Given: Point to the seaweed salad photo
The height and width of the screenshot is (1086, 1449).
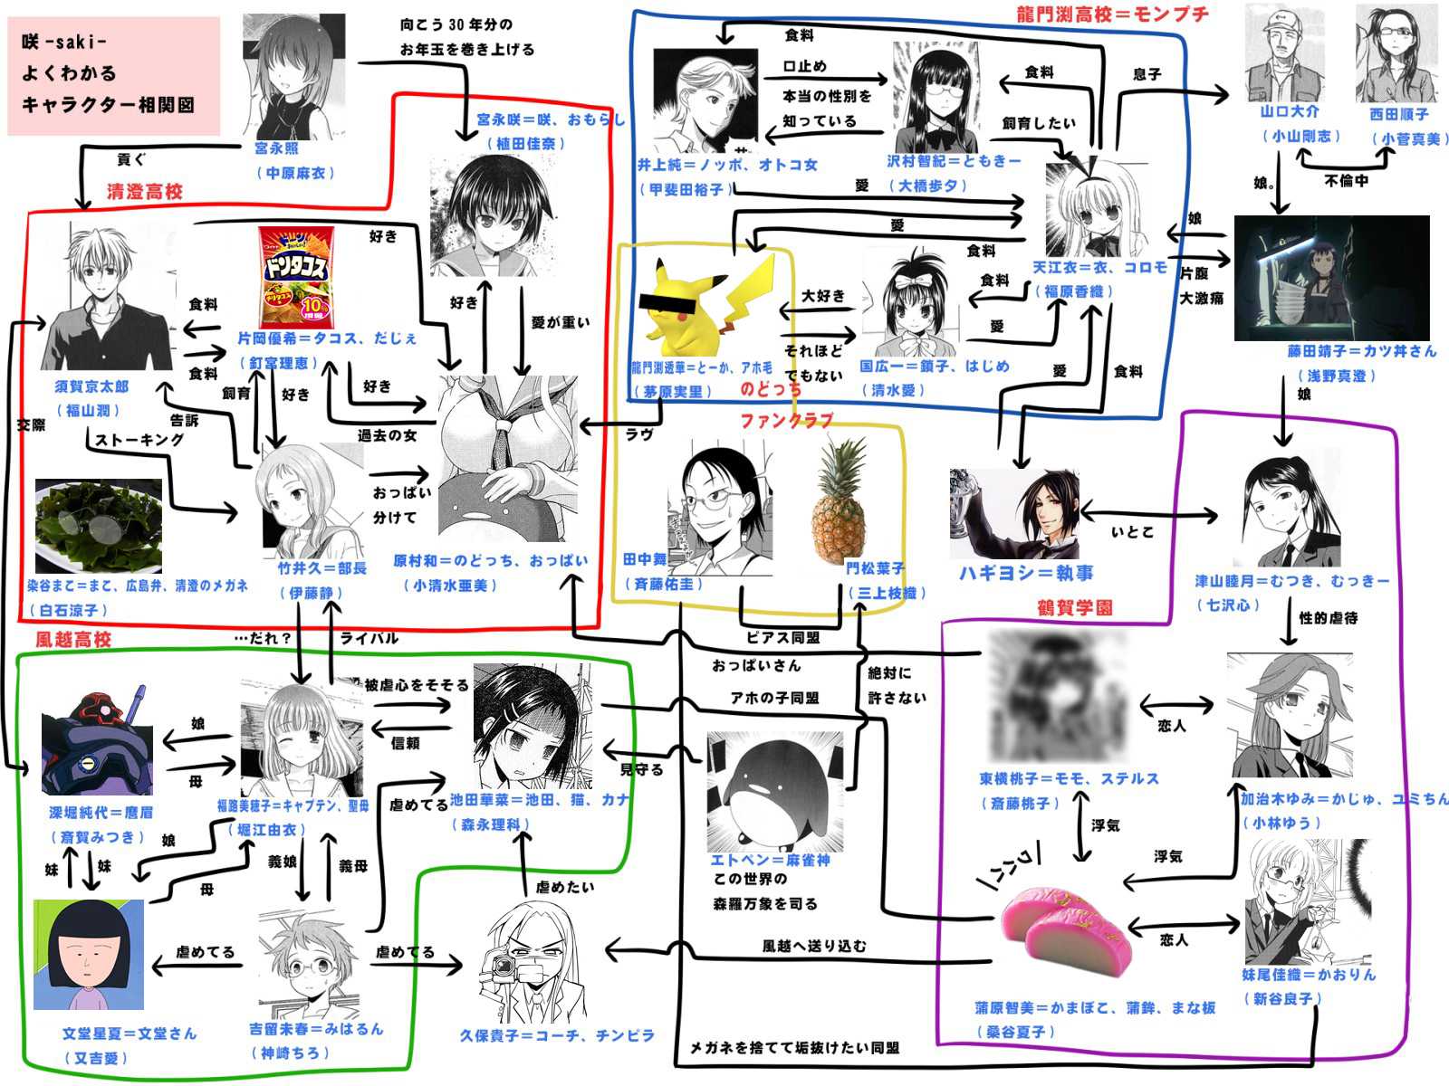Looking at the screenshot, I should point(98,527).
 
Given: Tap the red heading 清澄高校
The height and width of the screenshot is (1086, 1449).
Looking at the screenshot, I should point(145,192).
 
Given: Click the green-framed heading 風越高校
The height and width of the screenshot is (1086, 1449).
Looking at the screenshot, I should point(73,640).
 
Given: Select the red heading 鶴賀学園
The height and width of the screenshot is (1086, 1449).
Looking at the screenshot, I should point(1075,607).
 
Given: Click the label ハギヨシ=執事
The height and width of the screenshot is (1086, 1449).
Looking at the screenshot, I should point(1026,574).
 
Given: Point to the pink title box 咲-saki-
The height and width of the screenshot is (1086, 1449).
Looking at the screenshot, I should point(114,75).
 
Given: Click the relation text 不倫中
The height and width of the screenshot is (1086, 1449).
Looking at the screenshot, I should point(1346,181).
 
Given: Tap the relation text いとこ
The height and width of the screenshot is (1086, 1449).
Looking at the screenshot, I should point(1132,532).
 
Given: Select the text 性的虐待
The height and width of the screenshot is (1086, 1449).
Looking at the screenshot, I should point(1329,618).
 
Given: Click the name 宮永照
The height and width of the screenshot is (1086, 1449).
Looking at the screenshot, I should point(276,148).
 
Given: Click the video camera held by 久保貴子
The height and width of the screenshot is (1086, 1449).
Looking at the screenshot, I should point(502,968).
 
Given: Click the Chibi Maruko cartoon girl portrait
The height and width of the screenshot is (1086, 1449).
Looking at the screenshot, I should point(89,955).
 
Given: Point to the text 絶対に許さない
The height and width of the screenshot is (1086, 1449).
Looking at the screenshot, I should point(890,685).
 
